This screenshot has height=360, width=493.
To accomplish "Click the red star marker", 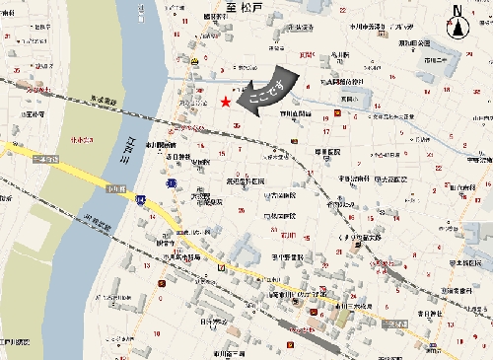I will click(226, 101).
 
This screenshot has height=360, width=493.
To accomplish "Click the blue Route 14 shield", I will click(143, 199).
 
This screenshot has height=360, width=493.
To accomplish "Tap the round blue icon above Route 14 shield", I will click(171, 182).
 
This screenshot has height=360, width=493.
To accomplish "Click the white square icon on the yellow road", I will click(223, 267).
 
